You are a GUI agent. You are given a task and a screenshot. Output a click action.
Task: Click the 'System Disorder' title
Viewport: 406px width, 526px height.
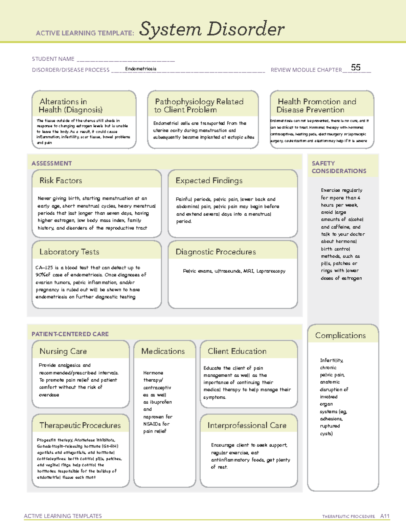click(x=212, y=29)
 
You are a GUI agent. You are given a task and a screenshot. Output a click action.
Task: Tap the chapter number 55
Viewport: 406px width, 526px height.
click(x=356, y=67)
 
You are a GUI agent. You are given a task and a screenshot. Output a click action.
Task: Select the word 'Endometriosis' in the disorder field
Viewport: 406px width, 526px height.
click(x=141, y=69)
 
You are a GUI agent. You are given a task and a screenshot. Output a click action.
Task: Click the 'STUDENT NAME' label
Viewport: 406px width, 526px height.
click(x=53, y=59)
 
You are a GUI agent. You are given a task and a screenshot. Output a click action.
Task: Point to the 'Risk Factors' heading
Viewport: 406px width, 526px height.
click(x=61, y=181)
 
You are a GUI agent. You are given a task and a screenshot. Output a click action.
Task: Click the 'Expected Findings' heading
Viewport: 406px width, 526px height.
click(x=209, y=181)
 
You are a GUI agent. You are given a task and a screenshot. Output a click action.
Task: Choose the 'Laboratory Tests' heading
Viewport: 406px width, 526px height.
click(x=69, y=252)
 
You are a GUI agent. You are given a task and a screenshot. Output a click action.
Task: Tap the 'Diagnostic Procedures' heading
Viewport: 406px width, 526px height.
click(x=216, y=252)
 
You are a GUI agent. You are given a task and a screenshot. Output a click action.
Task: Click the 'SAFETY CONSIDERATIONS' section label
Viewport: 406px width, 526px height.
click(x=339, y=167)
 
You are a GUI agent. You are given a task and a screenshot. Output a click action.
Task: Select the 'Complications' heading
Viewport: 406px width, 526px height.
click(x=340, y=335)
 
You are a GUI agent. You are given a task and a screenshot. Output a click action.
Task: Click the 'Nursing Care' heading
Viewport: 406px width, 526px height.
click(x=63, y=351)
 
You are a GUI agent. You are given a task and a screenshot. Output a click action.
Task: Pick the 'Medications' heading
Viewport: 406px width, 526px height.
click(x=163, y=351)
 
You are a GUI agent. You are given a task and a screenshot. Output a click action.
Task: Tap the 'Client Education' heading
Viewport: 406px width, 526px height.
click(x=237, y=351)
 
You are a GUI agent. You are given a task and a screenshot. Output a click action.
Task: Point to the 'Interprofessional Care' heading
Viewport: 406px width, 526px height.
click(x=247, y=425)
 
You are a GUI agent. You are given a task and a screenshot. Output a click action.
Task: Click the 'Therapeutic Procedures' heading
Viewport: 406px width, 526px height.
click(x=80, y=425)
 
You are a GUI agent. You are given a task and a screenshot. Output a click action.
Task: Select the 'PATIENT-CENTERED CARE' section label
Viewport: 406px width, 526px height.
click(x=70, y=334)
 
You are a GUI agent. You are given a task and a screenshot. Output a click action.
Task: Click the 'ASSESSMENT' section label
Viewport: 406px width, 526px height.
click(x=52, y=163)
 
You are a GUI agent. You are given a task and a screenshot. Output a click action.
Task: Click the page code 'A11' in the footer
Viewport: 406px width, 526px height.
click(x=385, y=516)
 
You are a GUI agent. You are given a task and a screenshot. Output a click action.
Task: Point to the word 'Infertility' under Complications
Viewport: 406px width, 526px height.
click(x=332, y=360)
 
